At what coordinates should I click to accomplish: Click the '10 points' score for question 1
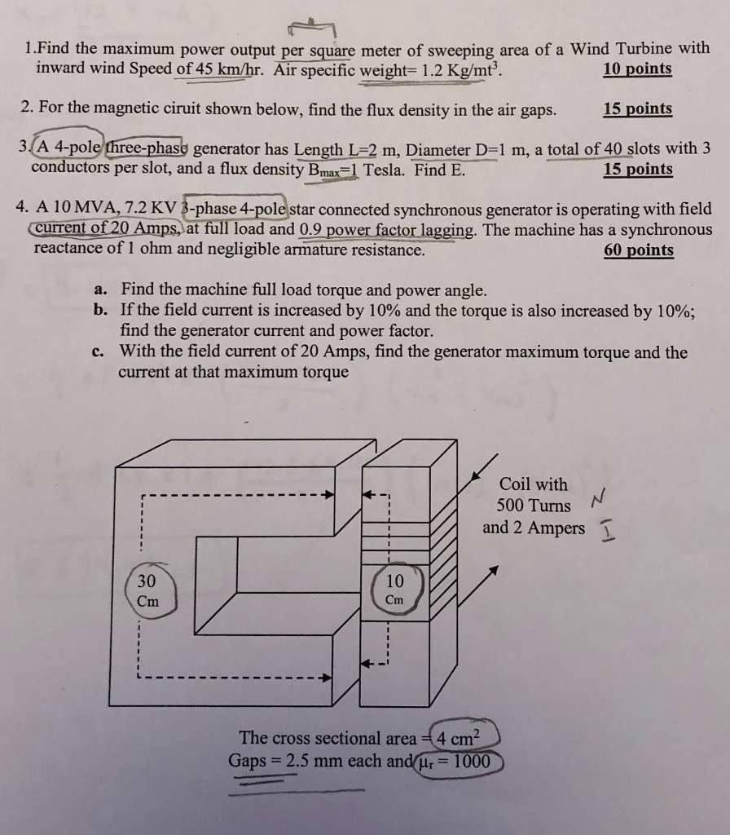[x=637, y=68]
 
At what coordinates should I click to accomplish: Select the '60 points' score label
[x=638, y=250]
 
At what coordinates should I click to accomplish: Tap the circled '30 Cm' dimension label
[x=148, y=590]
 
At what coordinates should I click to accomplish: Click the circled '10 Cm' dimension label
[x=394, y=590]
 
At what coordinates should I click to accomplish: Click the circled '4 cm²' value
[x=462, y=739]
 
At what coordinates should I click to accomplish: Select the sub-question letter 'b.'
[x=101, y=311]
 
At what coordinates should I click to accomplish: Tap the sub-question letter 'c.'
[x=99, y=352]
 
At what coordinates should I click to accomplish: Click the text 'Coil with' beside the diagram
[x=534, y=484]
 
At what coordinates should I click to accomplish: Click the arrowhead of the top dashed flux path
[x=329, y=494]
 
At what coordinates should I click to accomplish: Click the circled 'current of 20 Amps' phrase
[x=101, y=230]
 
